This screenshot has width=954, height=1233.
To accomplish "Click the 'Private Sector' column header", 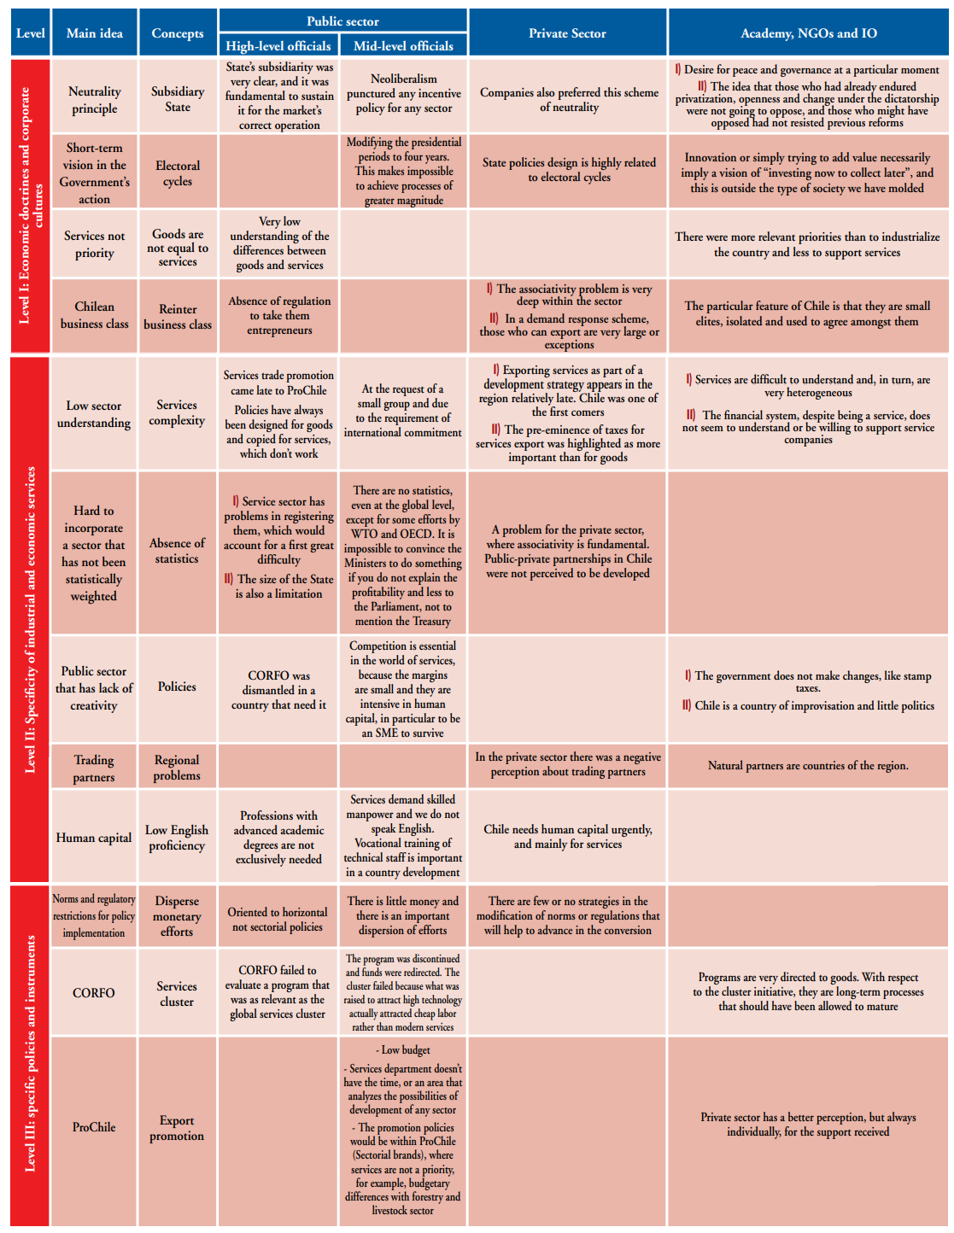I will tap(567, 33).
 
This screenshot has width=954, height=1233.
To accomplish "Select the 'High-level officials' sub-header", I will tap(278, 46).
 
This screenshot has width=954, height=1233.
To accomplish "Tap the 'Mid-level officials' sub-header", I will tap(403, 46).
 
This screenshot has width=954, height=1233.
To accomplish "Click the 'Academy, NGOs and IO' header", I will tap(808, 33).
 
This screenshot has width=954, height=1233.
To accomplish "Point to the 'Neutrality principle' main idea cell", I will tap(94, 100).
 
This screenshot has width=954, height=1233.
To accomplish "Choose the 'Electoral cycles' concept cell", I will tap(178, 173).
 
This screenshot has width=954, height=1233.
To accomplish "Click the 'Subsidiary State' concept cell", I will tap(178, 99).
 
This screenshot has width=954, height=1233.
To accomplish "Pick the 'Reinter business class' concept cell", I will tap(178, 317).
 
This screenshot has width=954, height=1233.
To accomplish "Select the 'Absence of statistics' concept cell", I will tap(177, 551).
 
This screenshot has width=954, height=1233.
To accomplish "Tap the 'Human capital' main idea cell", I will tap(94, 838).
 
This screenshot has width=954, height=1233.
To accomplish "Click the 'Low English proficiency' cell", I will tap(177, 838).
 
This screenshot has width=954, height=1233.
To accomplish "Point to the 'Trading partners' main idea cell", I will tap(94, 768).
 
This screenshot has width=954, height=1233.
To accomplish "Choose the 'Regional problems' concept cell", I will tap(177, 768).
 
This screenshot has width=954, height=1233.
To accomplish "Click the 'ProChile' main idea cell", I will tap(94, 1127).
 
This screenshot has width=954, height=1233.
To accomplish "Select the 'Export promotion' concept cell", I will tap(177, 1128).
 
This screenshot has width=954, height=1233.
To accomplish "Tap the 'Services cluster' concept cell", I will tap(177, 994).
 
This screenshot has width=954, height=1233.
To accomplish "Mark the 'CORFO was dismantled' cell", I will tap(278, 690).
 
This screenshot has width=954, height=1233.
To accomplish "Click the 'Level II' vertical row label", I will tap(31, 619).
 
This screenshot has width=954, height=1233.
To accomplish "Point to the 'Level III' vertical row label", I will tap(31, 1054).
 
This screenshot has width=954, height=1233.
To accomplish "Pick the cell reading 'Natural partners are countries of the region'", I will tap(808, 766).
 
